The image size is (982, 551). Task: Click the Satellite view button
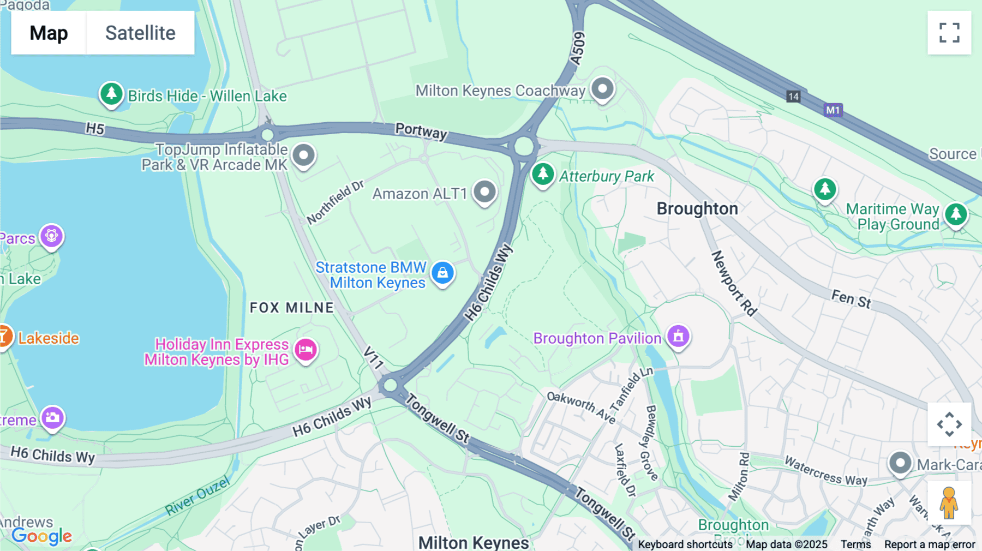point(140,33)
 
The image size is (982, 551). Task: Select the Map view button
point(49,33)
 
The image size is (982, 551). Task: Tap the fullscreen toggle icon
point(949,33)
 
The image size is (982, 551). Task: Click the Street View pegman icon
point(949,502)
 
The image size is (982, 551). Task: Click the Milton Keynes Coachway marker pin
point(602,88)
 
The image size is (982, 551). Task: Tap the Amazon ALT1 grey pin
point(484,192)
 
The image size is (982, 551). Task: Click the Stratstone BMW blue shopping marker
point(442,273)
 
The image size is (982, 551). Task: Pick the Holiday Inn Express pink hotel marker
point(306,350)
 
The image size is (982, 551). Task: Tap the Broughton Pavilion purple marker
point(678,336)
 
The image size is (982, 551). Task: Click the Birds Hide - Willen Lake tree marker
point(111,94)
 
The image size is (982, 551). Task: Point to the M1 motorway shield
point(833,110)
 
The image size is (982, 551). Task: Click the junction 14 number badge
point(793,97)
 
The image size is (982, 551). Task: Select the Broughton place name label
point(697,208)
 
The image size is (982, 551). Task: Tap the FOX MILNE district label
point(291,308)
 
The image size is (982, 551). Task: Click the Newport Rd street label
point(734,284)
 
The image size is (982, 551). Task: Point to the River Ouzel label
point(197,496)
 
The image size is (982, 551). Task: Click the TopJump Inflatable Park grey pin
point(304,155)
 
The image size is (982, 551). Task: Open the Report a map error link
point(930,544)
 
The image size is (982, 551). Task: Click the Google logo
point(42,536)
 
